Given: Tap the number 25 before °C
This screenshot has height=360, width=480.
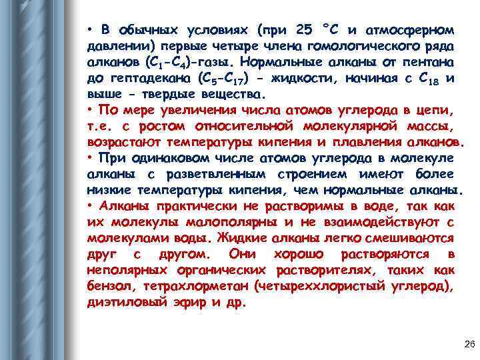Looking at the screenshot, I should [303, 30].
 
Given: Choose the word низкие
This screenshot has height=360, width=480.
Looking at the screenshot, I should [107, 190].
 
